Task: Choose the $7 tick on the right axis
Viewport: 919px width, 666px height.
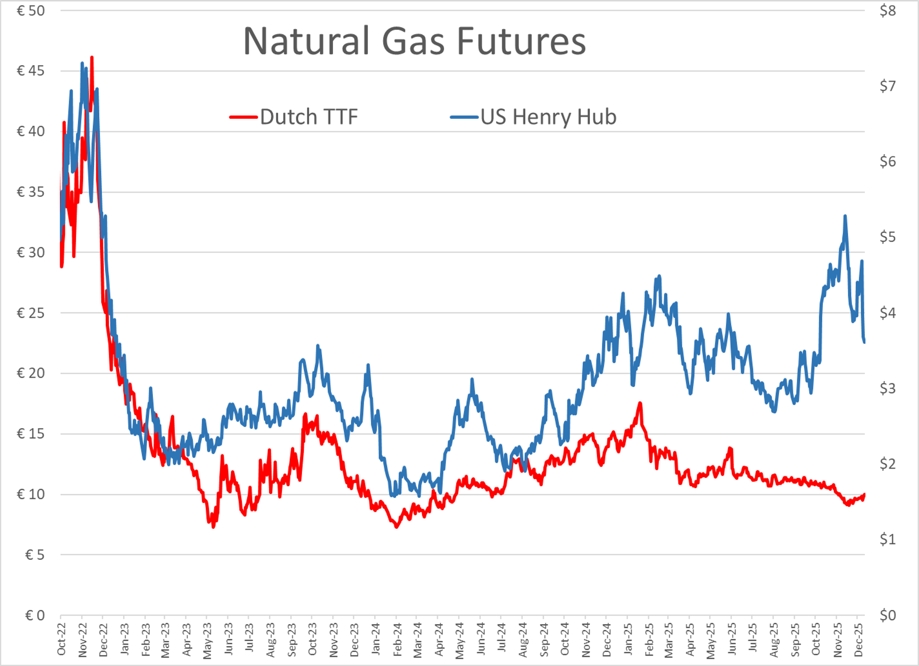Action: [x=887, y=86]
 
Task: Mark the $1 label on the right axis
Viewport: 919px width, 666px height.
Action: [x=887, y=539]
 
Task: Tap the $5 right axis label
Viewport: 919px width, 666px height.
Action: [x=887, y=237]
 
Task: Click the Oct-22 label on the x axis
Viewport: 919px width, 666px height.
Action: [x=62, y=640]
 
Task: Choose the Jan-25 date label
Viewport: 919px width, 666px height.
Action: [x=628, y=640]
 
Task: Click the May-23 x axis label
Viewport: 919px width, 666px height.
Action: [x=207, y=640]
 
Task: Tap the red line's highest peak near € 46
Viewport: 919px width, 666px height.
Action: [x=92, y=57]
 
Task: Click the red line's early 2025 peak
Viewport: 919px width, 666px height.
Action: [x=640, y=403]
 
